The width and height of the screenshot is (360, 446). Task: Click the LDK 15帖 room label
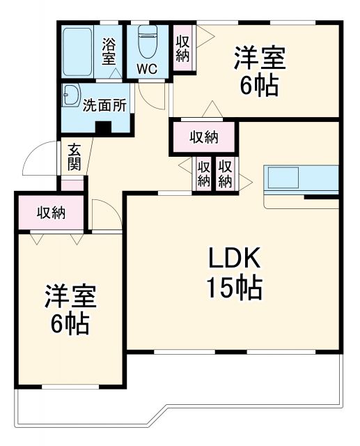[x=233, y=272]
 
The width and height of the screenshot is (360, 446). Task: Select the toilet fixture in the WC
[x=147, y=43]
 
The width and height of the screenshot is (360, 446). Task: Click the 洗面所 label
[x=104, y=106]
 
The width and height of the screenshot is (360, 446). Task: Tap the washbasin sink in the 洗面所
[x=70, y=98]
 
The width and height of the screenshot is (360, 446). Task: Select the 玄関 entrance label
[x=74, y=157]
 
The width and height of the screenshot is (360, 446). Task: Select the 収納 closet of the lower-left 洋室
[x=51, y=212]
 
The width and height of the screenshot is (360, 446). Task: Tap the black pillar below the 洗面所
[x=104, y=128]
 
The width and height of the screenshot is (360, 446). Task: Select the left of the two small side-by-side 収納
[x=203, y=174]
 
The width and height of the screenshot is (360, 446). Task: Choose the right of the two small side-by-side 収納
[x=224, y=174]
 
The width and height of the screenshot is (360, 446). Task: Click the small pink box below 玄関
[x=72, y=184]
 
